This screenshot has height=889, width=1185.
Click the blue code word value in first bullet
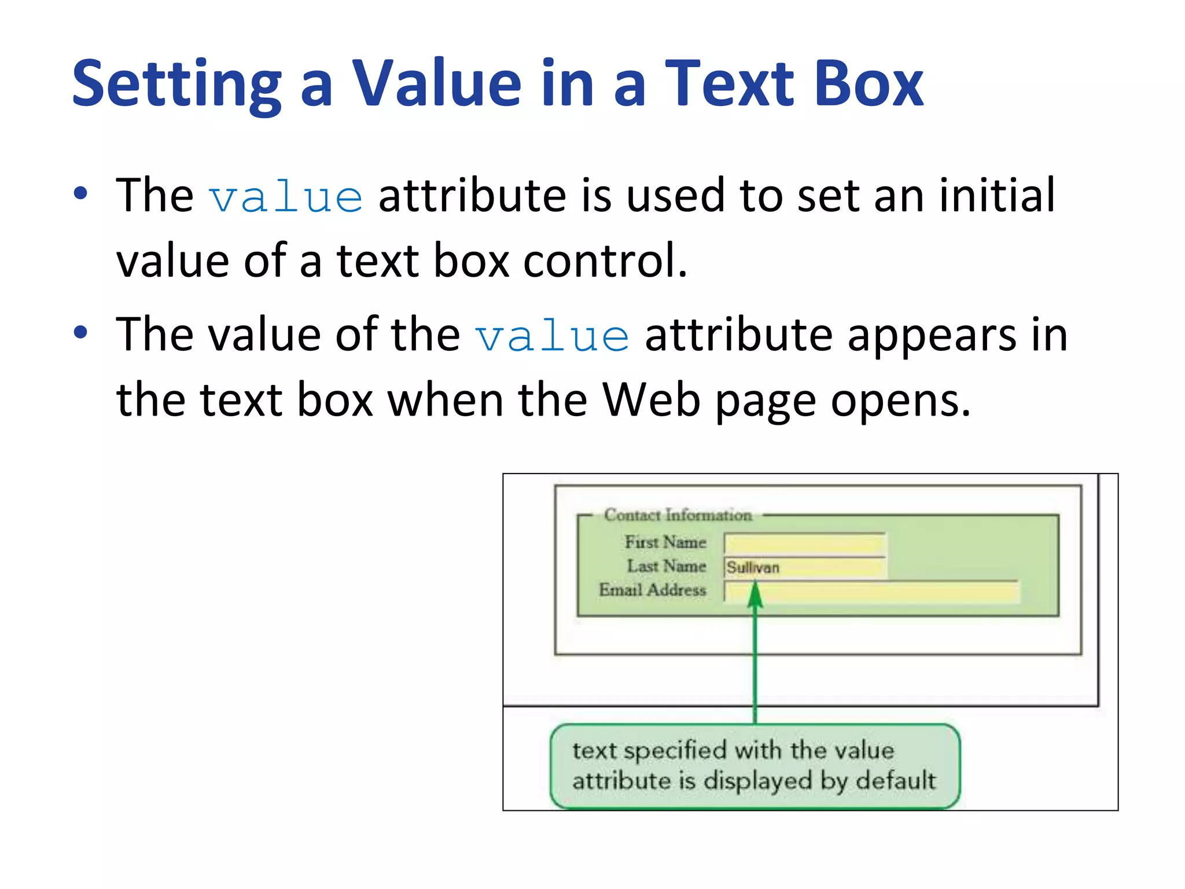point(286,197)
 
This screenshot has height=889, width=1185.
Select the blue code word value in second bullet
point(552,336)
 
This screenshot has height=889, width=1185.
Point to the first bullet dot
point(80,193)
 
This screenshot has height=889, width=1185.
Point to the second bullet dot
point(80,332)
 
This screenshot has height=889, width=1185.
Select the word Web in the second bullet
point(651,400)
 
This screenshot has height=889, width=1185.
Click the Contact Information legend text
point(678,515)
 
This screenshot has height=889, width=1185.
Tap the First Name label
point(665,542)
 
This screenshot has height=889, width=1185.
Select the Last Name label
point(667,566)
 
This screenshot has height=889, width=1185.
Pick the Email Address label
point(653,590)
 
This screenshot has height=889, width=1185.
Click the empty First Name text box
point(804,544)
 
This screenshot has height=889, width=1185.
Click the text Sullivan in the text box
point(753,568)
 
